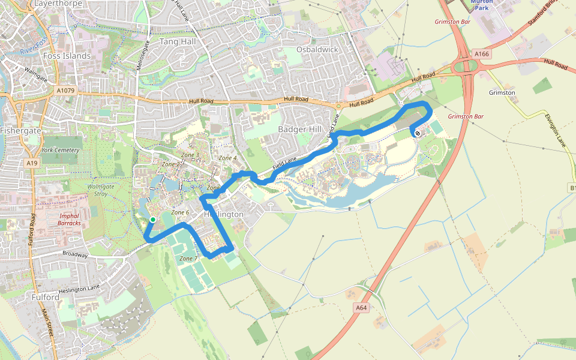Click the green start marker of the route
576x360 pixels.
click(x=153, y=220)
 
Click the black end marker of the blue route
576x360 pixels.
click(x=418, y=133)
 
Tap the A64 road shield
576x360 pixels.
click(x=360, y=308)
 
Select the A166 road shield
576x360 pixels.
click(x=482, y=54)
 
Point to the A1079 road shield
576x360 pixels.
click(x=66, y=91)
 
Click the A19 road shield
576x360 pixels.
click(x=32, y=163)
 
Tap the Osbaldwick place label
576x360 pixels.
click(x=317, y=49)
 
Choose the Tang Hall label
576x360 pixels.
click(x=178, y=42)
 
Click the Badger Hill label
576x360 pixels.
click(x=300, y=129)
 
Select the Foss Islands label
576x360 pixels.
click(x=67, y=56)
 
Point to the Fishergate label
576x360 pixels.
click(x=20, y=130)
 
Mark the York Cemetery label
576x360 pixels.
click(x=61, y=150)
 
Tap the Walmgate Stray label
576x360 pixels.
click(x=101, y=190)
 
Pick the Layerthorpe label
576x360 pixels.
click(x=58, y=3)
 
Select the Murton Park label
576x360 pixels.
click(x=482, y=5)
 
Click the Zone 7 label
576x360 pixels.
click(x=188, y=259)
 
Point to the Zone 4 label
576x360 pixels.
click(x=228, y=158)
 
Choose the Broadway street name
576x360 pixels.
click(x=75, y=254)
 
